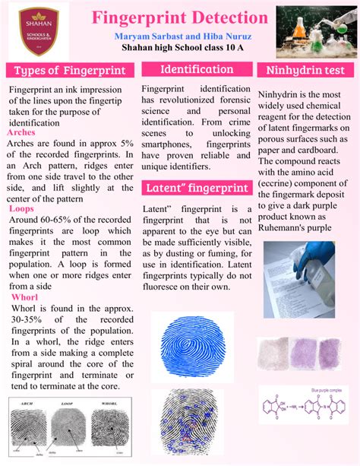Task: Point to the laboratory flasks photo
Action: (316, 30)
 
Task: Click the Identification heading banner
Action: (197, 69)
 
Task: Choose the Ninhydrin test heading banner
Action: (305, 71)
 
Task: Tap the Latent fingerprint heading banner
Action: (197, 187)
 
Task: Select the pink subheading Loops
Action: (21, 208)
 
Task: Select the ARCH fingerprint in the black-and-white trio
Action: (30, 433)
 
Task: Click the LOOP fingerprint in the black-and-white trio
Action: (68, 433)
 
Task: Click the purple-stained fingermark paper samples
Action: (307, 355)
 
